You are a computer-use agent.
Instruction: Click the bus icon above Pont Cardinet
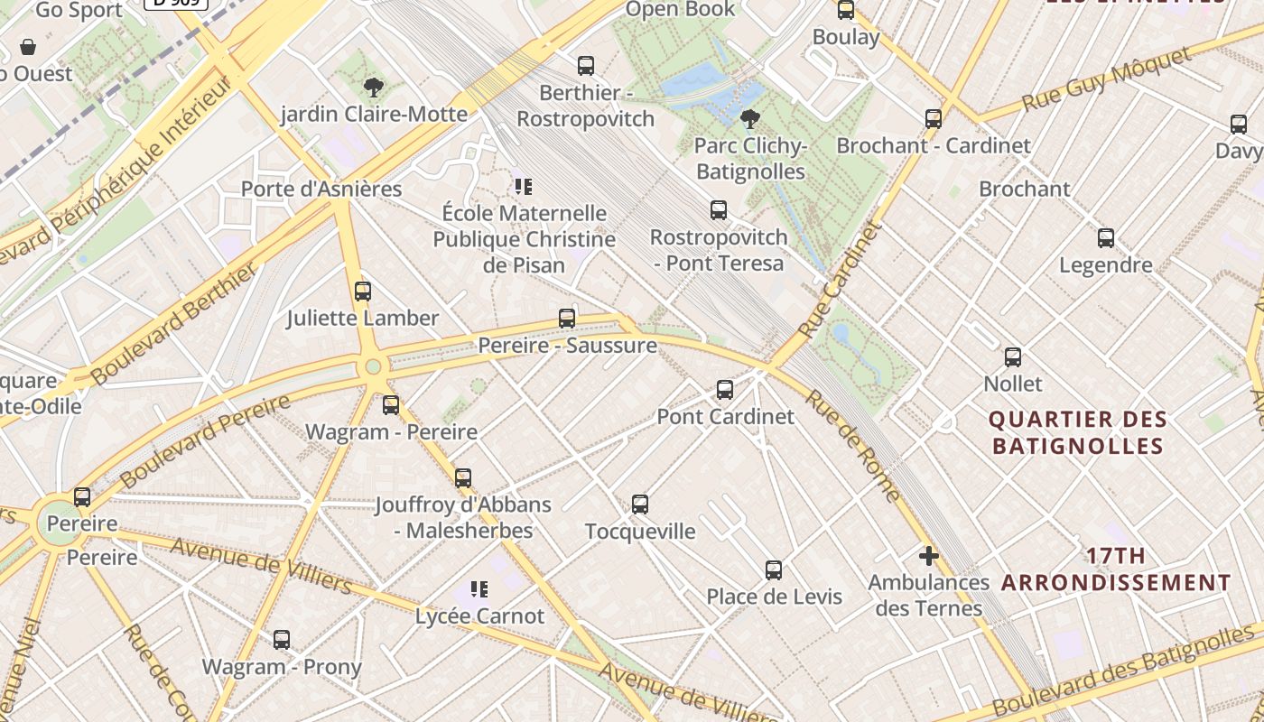pos(725,390)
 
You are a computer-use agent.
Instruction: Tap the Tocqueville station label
pos(640,531)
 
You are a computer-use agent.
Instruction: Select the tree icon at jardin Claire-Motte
pos(374,88)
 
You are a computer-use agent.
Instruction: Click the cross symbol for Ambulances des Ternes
pos(928,555)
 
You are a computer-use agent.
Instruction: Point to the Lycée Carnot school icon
pos(479,589)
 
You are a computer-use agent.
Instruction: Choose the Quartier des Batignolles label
pos(1077,432)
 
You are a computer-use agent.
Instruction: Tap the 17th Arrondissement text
pos(1116,569)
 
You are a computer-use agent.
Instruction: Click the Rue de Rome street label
pos(852,446)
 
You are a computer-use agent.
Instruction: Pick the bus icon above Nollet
pos(1013,357)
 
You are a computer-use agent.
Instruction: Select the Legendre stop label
pos(1105,264)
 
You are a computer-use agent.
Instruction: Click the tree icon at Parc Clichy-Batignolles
pos(749,118)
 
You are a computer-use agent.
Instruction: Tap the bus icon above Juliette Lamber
pos(363,292)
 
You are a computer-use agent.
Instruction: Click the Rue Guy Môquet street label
pos(1106,80)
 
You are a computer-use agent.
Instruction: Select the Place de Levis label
pos(774,597)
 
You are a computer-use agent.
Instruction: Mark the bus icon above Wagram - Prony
pos(282,640)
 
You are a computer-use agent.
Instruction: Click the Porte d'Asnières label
pos(321,189)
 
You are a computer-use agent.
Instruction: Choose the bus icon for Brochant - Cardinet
pos(934,118)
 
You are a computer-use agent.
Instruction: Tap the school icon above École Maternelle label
pos(523,187)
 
